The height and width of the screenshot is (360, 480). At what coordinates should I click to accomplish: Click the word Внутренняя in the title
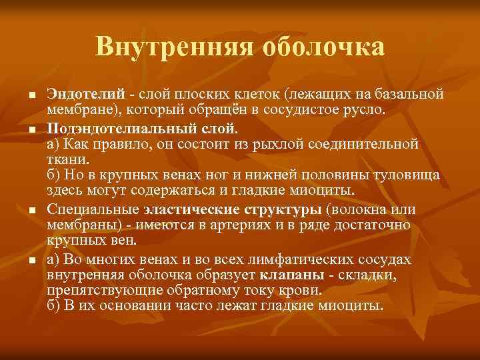pos(173,47)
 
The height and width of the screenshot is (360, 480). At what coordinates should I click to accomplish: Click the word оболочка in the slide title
pos(324,47)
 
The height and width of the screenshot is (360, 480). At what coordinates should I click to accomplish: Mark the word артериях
pos(246,225)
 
